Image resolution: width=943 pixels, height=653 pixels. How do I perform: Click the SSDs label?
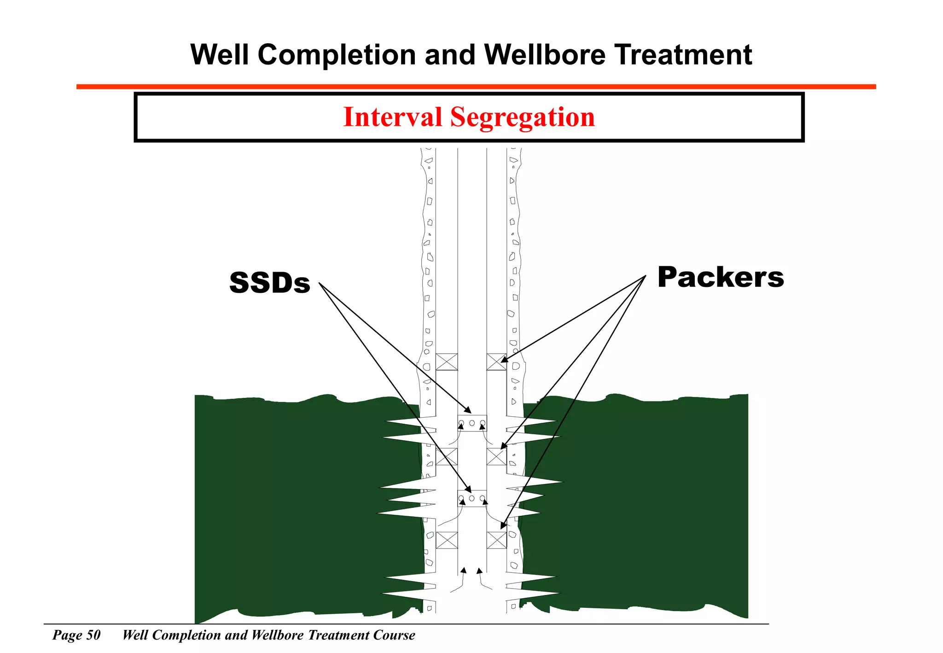pyautogui.click(x=270, y=283)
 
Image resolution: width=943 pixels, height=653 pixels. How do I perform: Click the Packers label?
pyautogui.click(x=720, y=277)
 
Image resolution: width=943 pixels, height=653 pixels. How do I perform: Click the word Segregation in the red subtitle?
pyautogui.click(x=522, y=117)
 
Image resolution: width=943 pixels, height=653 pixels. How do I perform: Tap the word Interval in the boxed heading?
pyautogui.click(x=392, y=117)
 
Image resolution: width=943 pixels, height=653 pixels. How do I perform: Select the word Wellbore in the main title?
pyautogui.click(x=545, y=55)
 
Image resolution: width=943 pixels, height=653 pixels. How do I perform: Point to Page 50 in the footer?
pyautogui.click(x=76, y=635)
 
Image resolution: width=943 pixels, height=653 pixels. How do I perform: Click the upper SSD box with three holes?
pyautogui.click(x=472, y=423)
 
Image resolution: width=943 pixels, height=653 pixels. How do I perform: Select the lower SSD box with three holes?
pyautogui.click(x=472, y=498)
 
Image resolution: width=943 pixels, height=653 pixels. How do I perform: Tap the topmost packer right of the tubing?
pyautogui.click(x=496, y=362)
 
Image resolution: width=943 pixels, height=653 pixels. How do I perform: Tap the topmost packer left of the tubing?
pyautogui.click(x=447, y=362)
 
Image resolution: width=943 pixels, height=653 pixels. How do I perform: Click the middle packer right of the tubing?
pyautogui.click(x=496, y=457)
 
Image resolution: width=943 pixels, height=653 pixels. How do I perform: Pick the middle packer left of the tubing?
pyautogui.click(x=447, y=457)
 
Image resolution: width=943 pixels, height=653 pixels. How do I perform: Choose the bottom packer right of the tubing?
pyautogui.click(x=496, y=540)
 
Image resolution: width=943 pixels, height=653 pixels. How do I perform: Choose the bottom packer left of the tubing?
pyautogui.click(x=447, y=540)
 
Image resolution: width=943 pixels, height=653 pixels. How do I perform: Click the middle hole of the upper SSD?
pyautogui.click(x=472, y=423)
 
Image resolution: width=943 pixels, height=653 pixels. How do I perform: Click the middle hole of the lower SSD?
pyautogui.click(x=471, y=498)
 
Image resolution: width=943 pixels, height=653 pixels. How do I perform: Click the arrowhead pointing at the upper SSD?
pyautogui.click(x=468, y=410)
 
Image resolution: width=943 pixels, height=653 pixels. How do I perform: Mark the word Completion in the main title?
pyautogui.click(x=337, y=55)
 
